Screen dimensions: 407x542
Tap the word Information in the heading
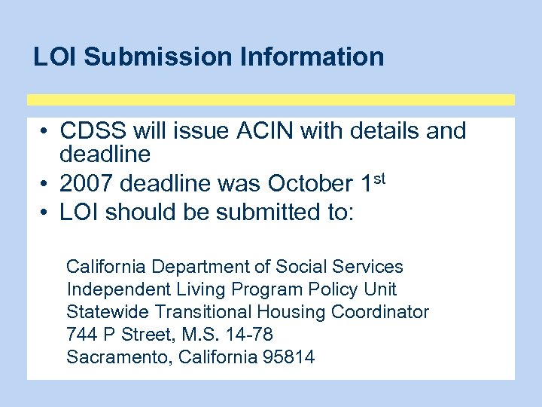coord(306,57)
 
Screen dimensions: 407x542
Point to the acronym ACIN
coord(258,131)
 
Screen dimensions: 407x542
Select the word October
coord(309,184)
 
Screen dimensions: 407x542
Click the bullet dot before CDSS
coord(45,132)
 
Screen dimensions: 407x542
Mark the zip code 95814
coord(288,357)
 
